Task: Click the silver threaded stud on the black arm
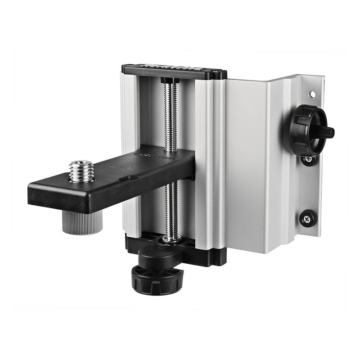(81, 171)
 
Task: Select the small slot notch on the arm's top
(130, 178)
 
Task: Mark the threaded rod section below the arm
(171, 207)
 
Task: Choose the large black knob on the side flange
(307, 130)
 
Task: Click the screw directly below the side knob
(309, 160)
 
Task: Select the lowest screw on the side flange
(308, 218)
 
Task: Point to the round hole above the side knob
(311, 95)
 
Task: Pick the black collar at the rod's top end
(170, 81)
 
